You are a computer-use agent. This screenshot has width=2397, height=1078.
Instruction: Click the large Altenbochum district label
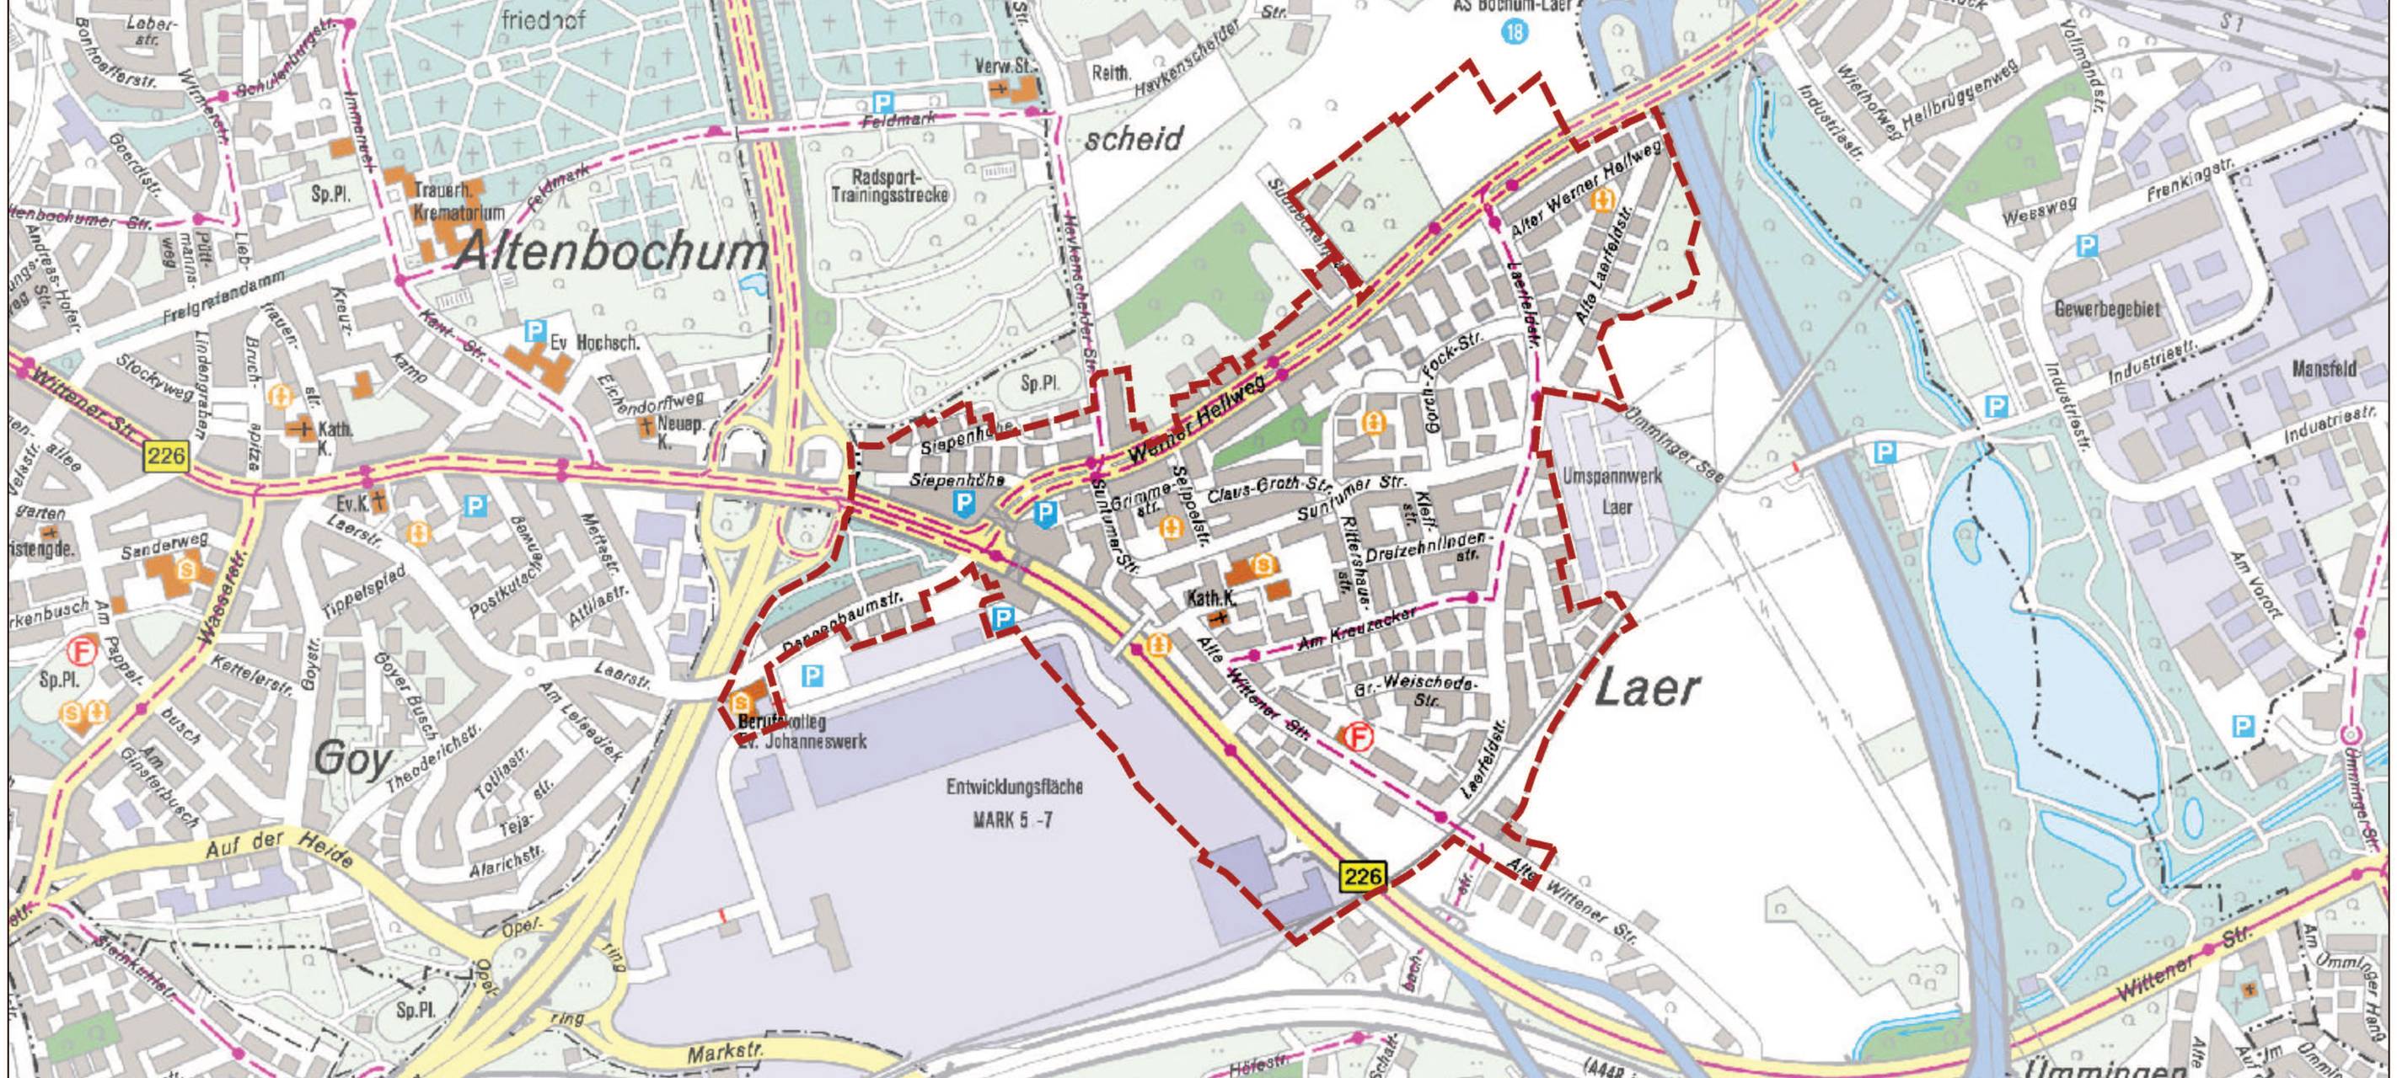610,252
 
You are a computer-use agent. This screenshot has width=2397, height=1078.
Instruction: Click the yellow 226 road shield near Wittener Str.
166,456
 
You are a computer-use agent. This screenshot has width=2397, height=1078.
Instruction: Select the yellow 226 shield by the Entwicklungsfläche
1363,875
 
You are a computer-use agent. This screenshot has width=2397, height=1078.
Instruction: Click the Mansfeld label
2325,368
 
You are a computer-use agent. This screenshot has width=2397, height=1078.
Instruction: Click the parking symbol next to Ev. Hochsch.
534,330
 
